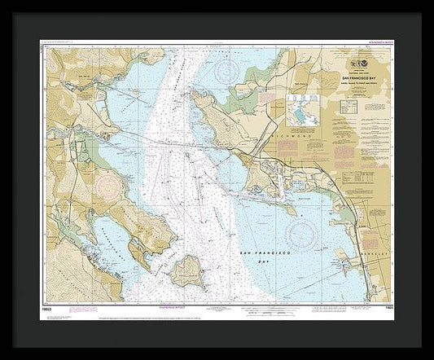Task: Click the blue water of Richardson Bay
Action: click(114, 244)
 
